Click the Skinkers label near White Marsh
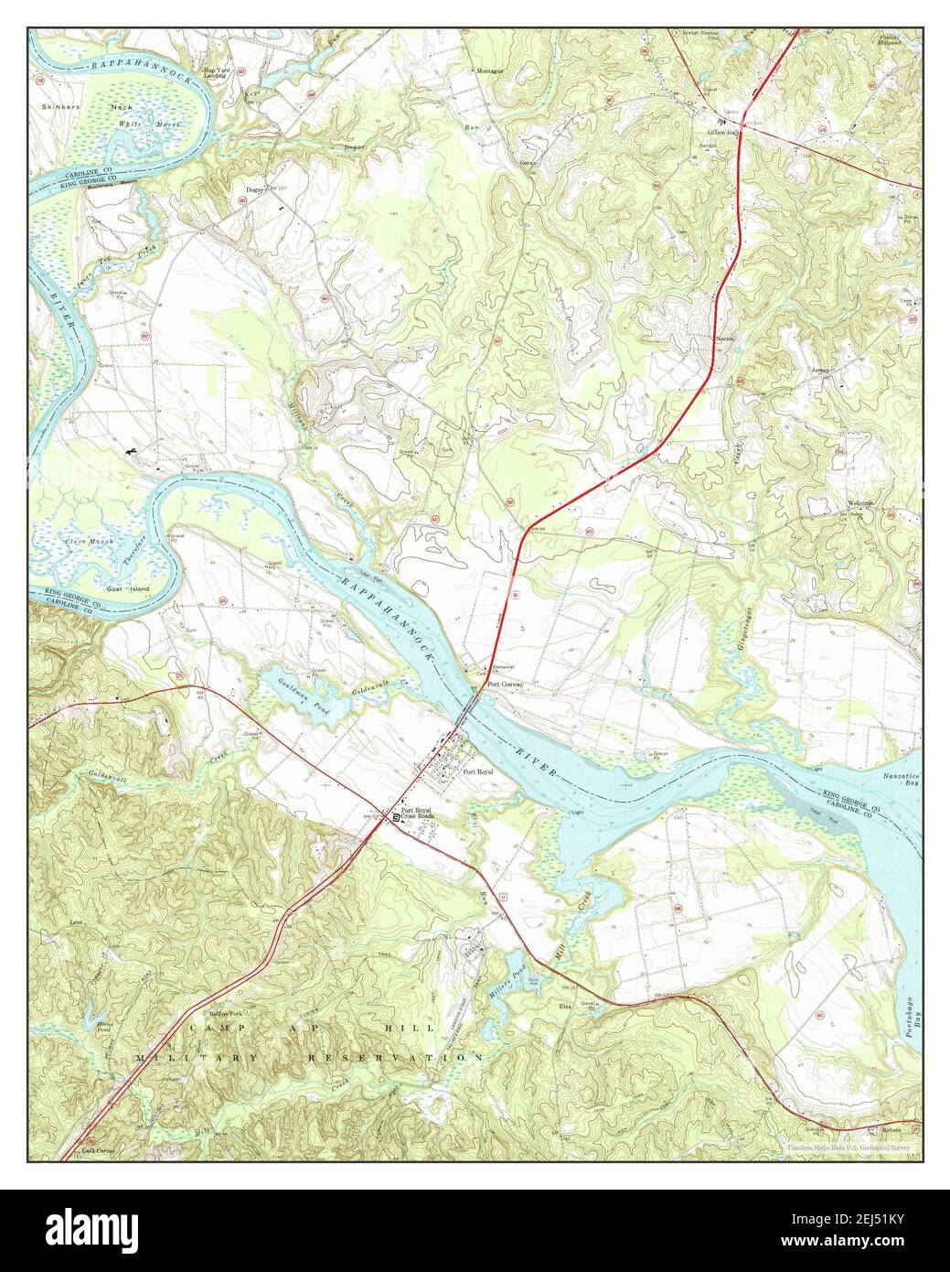(61, 107)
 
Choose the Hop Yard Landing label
(215, 73)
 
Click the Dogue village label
(253, 190)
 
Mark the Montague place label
(488, 70)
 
